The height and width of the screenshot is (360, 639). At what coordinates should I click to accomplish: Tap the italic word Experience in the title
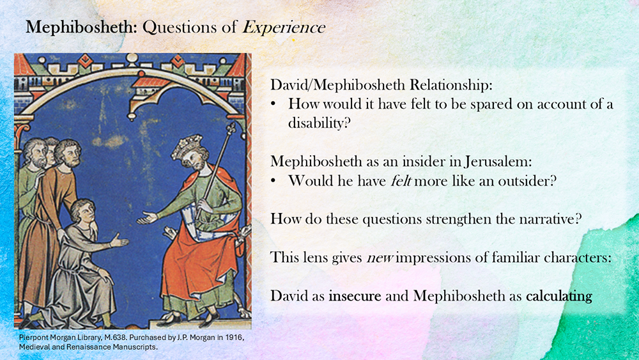coord(284,27)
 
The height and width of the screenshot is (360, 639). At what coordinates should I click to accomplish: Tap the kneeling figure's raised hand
coord(119,241)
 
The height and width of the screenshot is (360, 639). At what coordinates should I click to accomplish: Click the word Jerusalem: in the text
coord(498,162)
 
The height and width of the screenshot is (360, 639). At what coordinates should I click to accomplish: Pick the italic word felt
coord(401,180)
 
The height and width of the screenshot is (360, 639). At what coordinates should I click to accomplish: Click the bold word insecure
coord(355,295)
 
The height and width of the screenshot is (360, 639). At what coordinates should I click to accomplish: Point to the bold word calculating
coord(558,296)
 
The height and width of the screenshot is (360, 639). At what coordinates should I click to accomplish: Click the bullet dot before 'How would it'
coord(274,105)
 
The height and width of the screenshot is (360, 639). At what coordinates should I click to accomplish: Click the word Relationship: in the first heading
coord(451,85)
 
